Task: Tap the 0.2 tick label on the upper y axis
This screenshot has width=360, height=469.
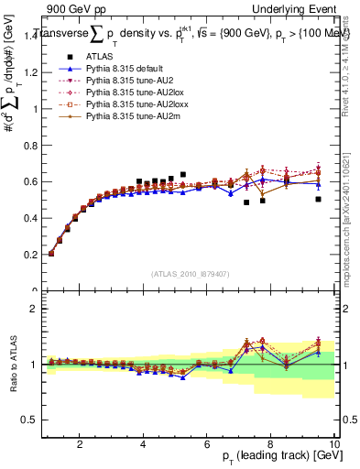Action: click(x=30, y=255)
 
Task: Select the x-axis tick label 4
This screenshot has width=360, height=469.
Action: click(x=144, y=444)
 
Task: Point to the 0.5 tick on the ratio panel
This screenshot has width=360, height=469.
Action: click(x=30, y=420)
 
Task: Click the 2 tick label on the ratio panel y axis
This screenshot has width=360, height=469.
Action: click(x=34, y=310)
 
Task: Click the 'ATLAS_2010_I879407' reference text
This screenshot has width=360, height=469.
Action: click(x=190, y=274)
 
